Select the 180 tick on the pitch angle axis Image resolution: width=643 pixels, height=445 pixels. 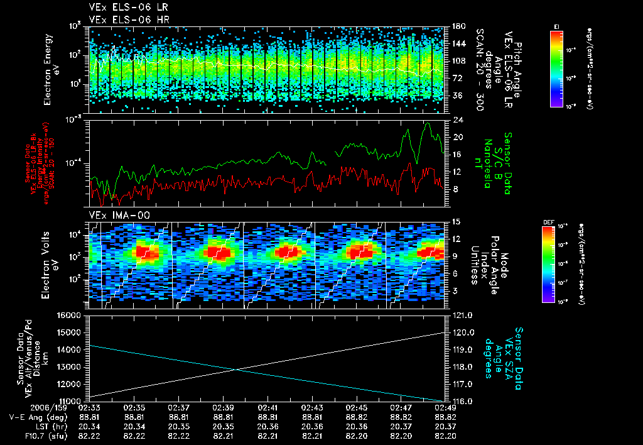click(x=457, y=26)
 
